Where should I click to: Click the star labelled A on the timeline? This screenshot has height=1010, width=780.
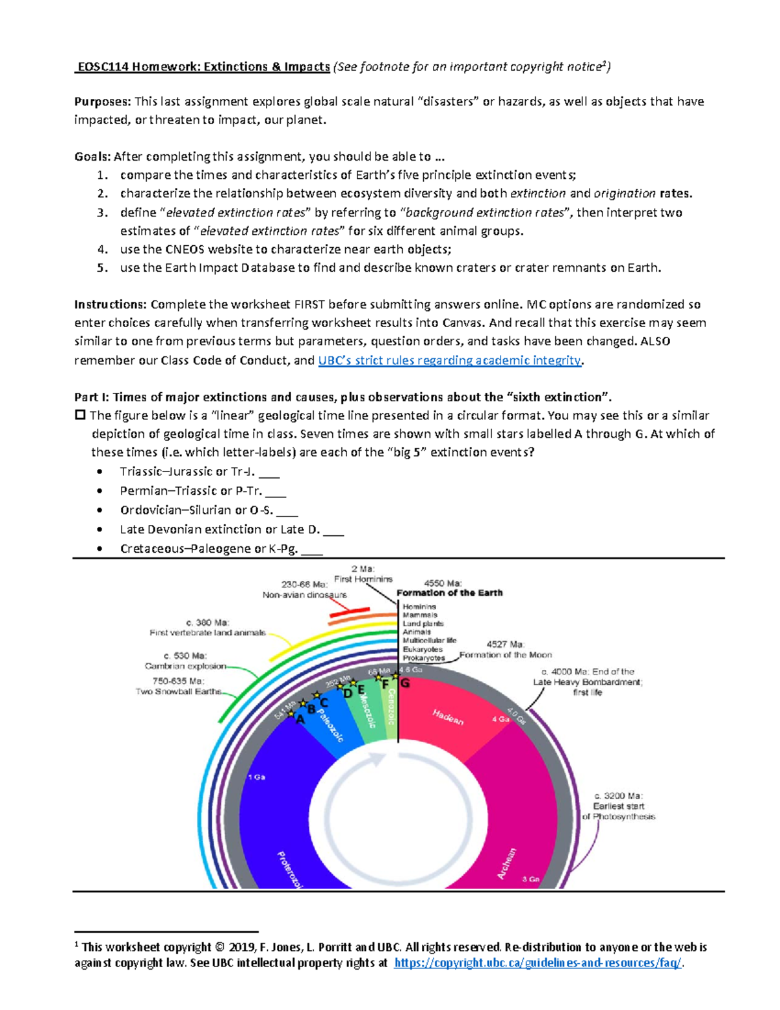tap(291, 713)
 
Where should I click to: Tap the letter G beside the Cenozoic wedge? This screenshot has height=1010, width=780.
tap(405, 684)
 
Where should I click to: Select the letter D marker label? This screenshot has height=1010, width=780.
tap(348, 693)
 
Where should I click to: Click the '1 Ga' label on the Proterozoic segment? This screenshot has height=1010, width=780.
tap(256, 777)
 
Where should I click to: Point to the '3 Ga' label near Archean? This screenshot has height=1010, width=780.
tap(530, 879)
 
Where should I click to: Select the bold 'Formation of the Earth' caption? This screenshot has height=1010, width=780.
tap(449, 592)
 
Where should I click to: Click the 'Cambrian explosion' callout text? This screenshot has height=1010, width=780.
tap(185, 666)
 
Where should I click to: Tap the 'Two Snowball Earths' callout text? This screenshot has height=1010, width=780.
tap(178, 691)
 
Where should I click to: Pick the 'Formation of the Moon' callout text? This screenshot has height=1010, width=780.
tap(505, 655)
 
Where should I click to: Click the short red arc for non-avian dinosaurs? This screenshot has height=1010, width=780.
tap(349, 613)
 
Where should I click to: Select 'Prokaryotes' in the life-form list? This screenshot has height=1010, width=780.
tap(423, 658)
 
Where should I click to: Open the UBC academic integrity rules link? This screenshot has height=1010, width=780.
tap(449, 360)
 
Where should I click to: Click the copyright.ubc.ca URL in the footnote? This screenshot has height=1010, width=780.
tap(538, 963)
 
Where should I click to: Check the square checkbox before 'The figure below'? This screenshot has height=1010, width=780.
tap(80, 415)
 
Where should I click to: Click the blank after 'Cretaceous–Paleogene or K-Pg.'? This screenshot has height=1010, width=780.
tap(312, 549)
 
